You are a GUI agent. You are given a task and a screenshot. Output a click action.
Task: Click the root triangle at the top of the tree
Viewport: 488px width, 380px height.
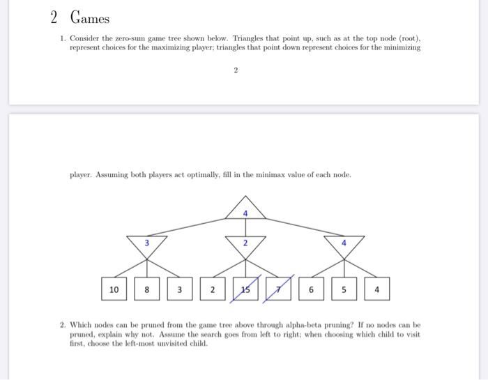245,208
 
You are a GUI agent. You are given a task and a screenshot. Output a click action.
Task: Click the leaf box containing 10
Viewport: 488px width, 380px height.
114,288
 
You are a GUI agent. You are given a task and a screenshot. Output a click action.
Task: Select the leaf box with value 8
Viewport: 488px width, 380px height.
147,288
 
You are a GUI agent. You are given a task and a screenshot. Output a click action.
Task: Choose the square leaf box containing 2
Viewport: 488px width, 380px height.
213,288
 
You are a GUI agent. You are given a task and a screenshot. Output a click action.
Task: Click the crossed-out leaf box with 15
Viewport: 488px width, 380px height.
245,288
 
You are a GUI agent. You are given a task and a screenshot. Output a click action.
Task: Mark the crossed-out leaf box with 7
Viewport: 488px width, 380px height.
278,288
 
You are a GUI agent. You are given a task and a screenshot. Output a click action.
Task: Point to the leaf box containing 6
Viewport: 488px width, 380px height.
311,288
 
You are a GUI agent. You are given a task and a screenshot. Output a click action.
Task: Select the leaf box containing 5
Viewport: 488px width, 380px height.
344,288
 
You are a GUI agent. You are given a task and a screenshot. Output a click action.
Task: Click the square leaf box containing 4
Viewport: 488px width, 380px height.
376,288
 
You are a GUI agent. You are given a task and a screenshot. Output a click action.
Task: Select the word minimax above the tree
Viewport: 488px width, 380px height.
268,174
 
